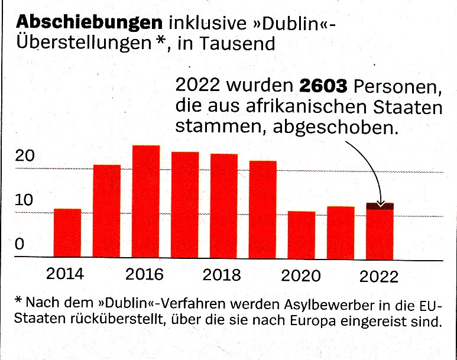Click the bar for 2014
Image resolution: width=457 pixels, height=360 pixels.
[x=67, y=233]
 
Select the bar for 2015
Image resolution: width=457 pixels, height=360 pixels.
[x=106, y=211]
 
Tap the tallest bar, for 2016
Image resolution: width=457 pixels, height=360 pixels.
[x=145, y=202]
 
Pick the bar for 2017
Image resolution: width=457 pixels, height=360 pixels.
[x=185, y=205]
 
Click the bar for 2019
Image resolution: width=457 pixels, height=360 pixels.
[x=262, y=210]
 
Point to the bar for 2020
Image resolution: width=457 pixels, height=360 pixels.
[x=302, y=235]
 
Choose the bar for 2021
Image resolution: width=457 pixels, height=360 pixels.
[x=341, y=233]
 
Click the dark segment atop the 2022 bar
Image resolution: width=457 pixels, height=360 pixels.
[x=380, y=206]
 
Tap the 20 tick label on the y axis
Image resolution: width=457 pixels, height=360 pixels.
[x=24, y=156]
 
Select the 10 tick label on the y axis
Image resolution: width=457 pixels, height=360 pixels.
[x=24, y=200]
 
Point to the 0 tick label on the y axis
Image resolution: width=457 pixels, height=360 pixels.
[x=20, y=244]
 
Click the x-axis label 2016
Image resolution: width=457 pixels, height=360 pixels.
[x=144, y=274]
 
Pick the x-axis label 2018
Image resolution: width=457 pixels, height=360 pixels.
[x=222, y=275]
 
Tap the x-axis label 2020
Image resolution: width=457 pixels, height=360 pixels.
[x=300, y=275]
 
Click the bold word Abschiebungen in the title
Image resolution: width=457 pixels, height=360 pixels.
[x=89, y=22]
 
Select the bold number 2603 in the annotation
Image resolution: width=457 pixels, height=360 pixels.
[x=323, y=85]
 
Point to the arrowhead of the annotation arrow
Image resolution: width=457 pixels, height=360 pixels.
[x=381, y=204]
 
